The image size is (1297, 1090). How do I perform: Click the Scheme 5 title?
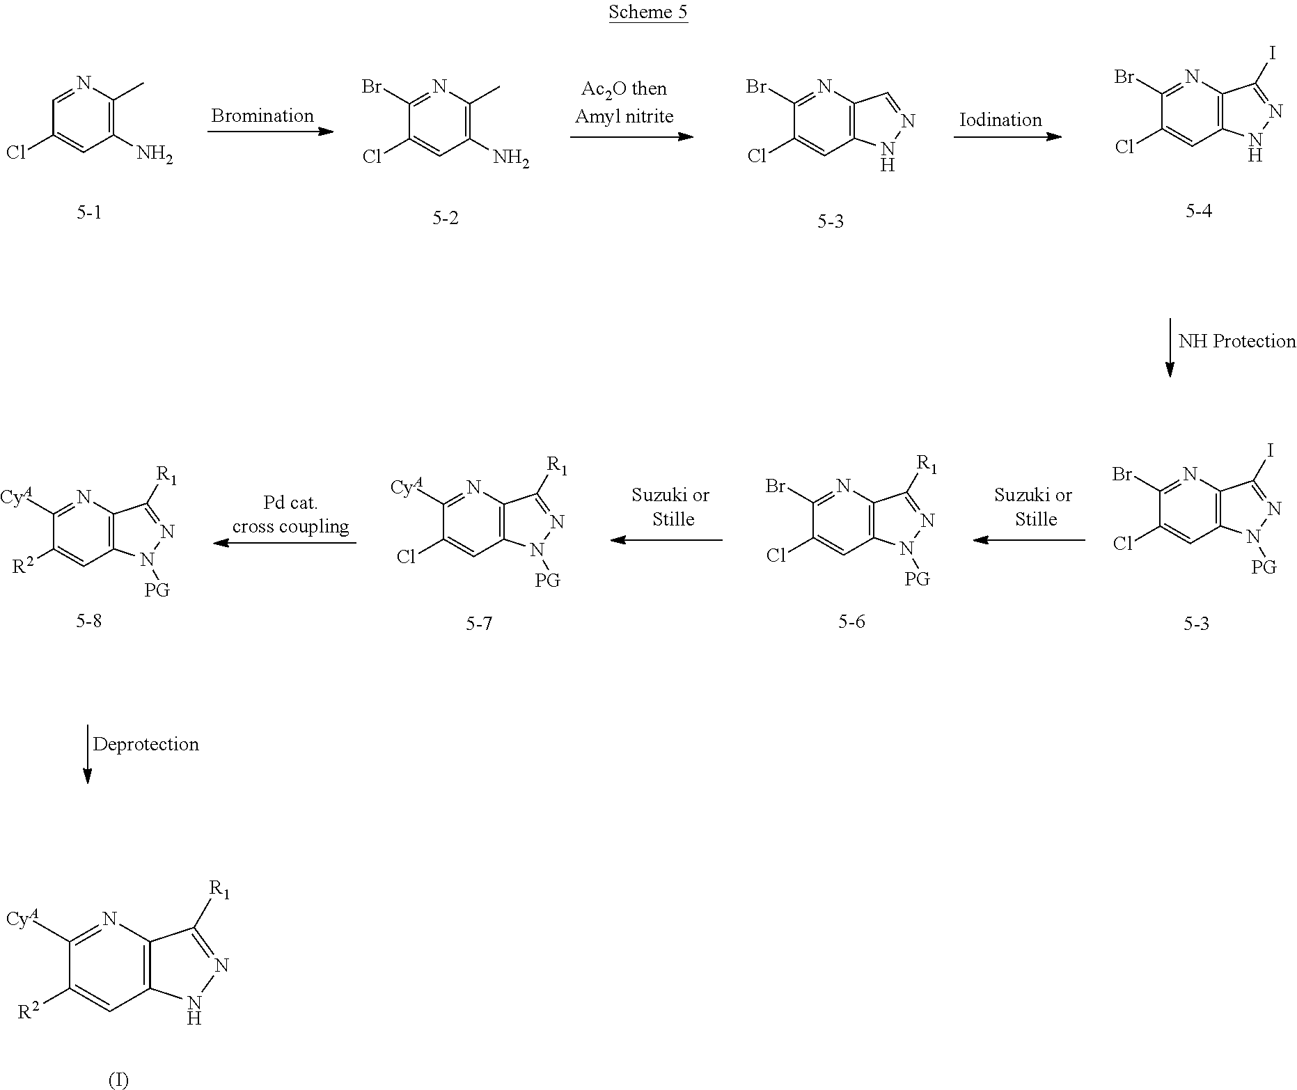click(648, 12)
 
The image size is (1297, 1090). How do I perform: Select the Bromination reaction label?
click(262, 116)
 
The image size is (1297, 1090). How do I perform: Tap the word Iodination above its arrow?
click(1000, 120)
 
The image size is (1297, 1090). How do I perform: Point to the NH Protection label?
click(1237, 341)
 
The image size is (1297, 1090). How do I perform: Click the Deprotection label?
click(146, 745)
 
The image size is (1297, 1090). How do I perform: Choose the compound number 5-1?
click(89, 212)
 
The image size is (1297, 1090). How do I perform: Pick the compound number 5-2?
click(446, 218)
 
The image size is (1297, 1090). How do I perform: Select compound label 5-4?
click(1199, 211)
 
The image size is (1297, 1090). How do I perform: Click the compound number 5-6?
click(851, 622)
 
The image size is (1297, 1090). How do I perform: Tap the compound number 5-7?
click(479, 624)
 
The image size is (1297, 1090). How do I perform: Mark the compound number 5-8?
click(89, 621)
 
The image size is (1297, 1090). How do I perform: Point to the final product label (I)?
click(118, 1080)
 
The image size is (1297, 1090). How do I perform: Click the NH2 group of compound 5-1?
click(155, 154)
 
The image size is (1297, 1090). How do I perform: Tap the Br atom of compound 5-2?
click(372, 87)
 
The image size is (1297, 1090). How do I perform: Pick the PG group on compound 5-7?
click(547, 580)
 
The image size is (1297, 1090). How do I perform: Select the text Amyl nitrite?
click(624, 116)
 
